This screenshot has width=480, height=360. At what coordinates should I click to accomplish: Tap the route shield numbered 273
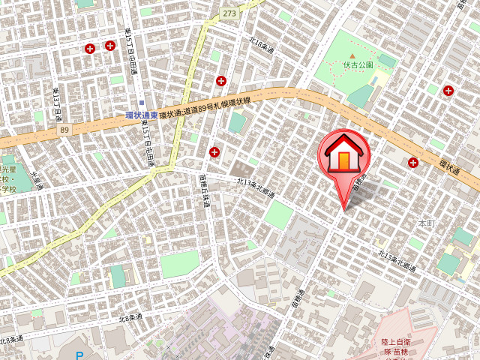click(x=229, y=13)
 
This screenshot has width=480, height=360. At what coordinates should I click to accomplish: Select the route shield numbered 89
click(x=64, y=130)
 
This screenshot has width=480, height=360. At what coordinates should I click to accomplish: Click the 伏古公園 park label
click(x=358, y=65)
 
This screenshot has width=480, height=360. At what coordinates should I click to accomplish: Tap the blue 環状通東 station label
click(x=141, y=115)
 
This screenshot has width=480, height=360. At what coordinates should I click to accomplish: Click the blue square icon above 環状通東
click(x=141, y=103)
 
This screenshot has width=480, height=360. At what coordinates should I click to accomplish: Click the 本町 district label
click(x=426, y=223)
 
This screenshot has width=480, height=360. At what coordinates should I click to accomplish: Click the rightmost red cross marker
click(x=448, y=91)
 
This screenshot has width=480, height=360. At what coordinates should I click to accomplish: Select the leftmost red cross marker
click(x=90, y=49)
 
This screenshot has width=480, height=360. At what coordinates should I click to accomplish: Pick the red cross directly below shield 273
click(x=221, y=80)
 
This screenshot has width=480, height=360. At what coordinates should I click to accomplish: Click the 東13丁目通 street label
click(x=57, y=105)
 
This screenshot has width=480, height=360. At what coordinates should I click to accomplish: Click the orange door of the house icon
click(x=343, y=160)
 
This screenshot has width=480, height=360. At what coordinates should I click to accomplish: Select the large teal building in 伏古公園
click(x=361, y=95)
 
